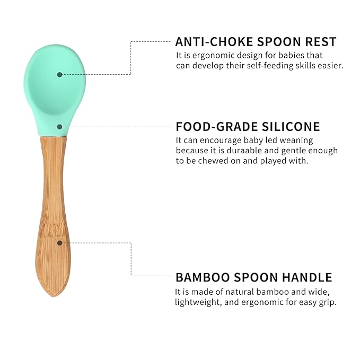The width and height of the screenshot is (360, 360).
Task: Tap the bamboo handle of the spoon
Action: [53, 212]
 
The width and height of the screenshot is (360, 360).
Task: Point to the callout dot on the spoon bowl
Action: [59, 74]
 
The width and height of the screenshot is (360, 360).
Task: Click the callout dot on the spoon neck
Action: [60, 127]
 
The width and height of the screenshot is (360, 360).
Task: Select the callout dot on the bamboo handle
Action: [60, 243]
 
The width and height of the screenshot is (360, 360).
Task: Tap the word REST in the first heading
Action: [321, 42]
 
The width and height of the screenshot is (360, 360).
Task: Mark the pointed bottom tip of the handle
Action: [52, 294]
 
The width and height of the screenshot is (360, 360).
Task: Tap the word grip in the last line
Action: [327, 302]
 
